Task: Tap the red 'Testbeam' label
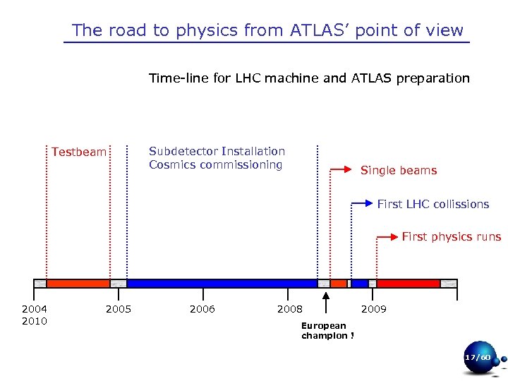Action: point(79,152)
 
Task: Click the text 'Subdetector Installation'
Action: point(217,151)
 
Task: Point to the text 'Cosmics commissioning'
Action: point(215,165)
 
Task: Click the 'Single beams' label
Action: point(398,170)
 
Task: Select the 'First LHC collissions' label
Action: point(433,204)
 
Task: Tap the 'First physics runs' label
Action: point(451,236)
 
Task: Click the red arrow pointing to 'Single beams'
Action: point(341,169)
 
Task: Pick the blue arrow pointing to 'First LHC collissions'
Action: point(361,203)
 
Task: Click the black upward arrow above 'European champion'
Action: point(325,303)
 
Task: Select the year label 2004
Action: point(35,309)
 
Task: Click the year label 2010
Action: point(35,321)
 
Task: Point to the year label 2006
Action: point(202,309)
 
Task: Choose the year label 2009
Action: point(374,309)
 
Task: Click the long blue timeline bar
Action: point(222,283)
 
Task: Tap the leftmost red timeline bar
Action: point(78,283)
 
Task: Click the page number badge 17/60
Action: point(478,358)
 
